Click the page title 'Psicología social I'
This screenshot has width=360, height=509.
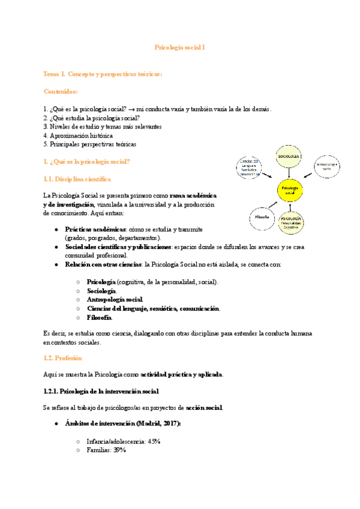(x=180, y=46)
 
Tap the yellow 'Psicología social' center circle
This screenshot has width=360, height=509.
(x=290, y=191)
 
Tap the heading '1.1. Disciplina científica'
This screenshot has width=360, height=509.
(x=77, y=179)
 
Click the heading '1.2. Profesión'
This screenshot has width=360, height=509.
(x=62, y=358)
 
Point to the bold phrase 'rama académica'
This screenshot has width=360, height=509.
(x=193, y=196)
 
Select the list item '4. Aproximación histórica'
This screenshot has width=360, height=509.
(x=78, y=136)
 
